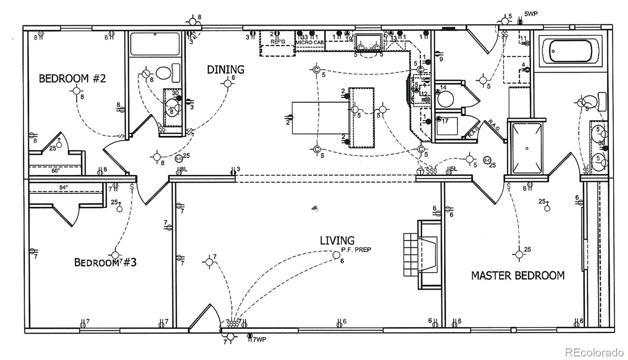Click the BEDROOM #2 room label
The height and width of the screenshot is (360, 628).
coord(72,79)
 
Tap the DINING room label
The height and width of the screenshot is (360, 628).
coord(226,70)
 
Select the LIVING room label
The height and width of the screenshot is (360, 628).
coord(337,240)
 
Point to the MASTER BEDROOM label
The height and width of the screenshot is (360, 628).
coord(518,276)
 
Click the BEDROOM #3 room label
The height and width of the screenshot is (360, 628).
coord(105,262)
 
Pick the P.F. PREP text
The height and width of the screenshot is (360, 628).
coord(356,250)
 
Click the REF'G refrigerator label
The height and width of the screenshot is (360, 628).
coord(277,42)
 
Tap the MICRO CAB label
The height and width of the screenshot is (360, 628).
coord(310,42)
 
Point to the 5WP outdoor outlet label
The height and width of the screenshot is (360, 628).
coord(531,14)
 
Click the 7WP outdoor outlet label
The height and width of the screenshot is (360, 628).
coord(259,340)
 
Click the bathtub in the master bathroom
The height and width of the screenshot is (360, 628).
coord(571,51)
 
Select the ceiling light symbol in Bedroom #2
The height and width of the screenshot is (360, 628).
coord(76,91)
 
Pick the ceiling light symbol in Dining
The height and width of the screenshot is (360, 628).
coord(227,83)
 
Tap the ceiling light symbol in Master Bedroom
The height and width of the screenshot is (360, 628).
coord(519,255)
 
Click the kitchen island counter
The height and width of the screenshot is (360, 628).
coord(361,117)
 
